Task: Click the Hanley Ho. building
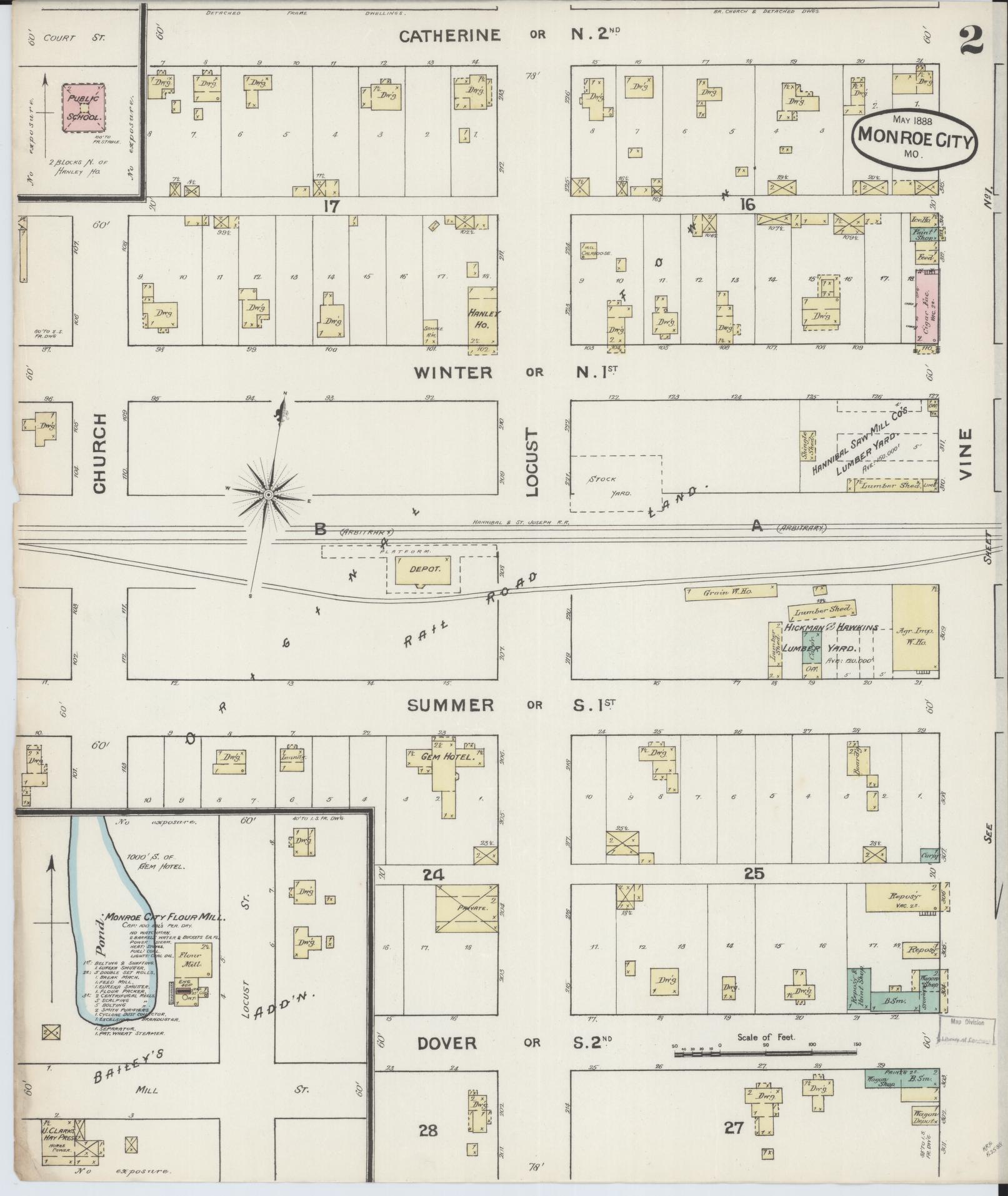[x=482, y=316]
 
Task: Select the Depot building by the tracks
[x=424, y=571]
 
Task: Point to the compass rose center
[x=267, y=495]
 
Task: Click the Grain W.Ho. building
[x=730, y=592]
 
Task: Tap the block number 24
[x=433, y=876]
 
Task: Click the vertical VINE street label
[x=966, y=453]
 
